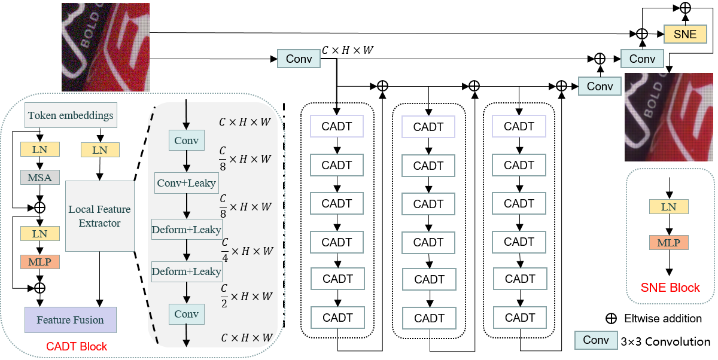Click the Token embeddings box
[x=71, y=115]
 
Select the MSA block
[x=39, y=178]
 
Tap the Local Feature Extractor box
[x=99, y=216]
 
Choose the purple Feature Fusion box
[x=70, y=320]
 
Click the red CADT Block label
[x=77, y=346]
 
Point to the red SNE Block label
[x=670, y=288]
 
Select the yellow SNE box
[x=684, y=34]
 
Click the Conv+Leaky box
[x=186, y=183]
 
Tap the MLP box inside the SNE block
[x=668, y=242]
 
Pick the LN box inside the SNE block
[x=668, y=207]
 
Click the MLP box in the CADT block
[x=39, y=262]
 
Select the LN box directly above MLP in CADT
[x=39, y=233]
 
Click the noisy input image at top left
[x=105, y=47]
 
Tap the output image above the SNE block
[x=668, y=117]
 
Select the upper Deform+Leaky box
[x=186, y=230]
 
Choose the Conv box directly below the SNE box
[x=641, y=59]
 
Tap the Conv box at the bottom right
[x=595, y=340]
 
